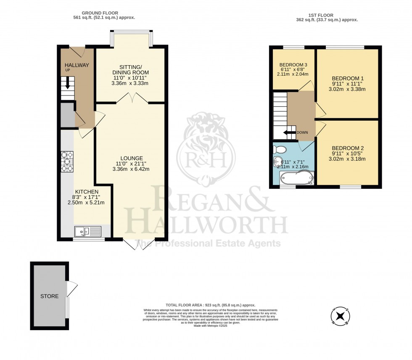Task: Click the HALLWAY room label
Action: (77, 65)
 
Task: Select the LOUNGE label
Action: (130, 158)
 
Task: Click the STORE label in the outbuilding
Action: (49, 296)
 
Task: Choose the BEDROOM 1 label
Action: (348, 78)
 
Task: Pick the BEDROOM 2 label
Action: (348, 148)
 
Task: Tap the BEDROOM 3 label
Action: (294, 64)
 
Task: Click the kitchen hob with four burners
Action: (67, 161)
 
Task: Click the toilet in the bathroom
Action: (280, 149)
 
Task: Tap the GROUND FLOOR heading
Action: (100, 13)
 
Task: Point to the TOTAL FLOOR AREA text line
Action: (210, 305)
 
